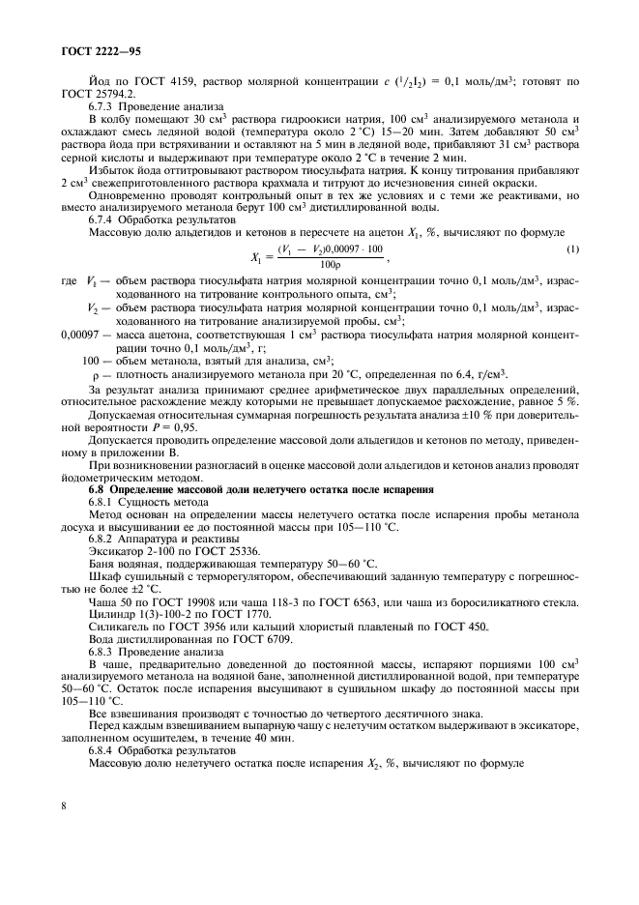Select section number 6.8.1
click(x=104, y=503)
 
